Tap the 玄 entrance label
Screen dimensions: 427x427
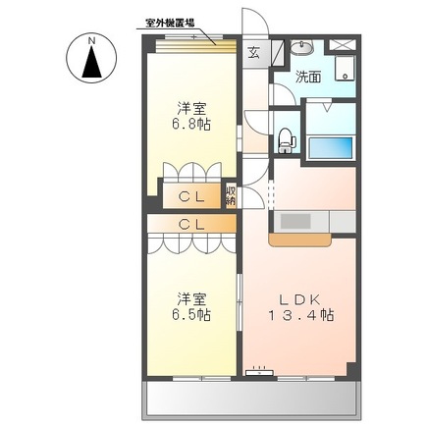(253, 53)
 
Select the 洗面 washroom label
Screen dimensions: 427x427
(310, 76)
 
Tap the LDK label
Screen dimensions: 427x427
(302, 297)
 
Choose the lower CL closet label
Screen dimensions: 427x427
(191, 224)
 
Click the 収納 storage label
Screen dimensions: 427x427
(231, 194)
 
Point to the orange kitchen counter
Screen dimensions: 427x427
(302, 237)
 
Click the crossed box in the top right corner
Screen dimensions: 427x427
(343, 44)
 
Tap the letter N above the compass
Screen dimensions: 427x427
(90, 40)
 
